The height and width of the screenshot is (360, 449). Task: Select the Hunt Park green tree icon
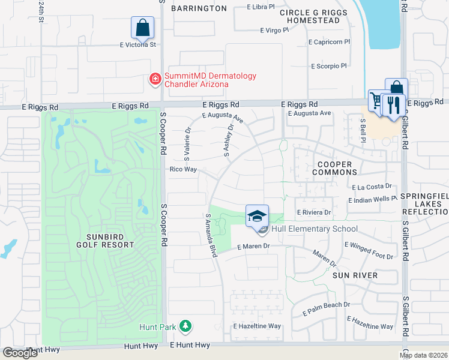point(186,326)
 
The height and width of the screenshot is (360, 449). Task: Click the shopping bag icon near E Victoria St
point(142,28)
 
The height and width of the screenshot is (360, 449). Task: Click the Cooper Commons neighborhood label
point(334,168)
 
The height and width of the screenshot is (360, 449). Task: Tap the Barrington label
point(199,8)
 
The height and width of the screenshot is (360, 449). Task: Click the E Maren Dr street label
point(254,247)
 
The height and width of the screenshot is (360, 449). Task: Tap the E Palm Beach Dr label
point(326,305)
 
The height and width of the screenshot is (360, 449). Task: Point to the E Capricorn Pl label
point(329,42)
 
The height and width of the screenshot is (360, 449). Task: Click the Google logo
point(20,353)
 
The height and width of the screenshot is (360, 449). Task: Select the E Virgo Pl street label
point(279,30)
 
